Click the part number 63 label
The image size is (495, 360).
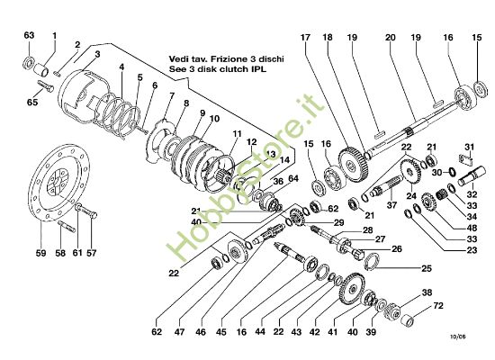28,35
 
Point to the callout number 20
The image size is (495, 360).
390,38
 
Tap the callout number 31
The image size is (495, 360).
468,148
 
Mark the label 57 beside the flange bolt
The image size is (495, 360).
91,254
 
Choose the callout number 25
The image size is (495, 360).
427,268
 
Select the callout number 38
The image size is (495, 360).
427,292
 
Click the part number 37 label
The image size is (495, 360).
392,204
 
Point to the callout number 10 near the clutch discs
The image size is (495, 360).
214,119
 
